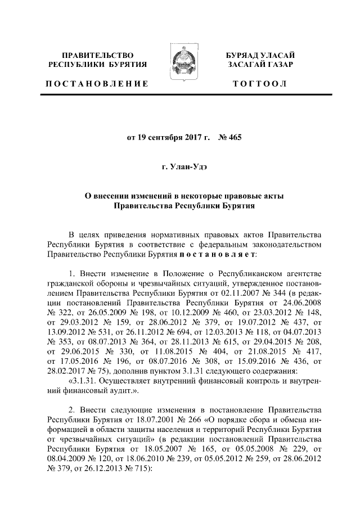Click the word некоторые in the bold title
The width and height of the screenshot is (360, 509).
[x=205, y=196]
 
